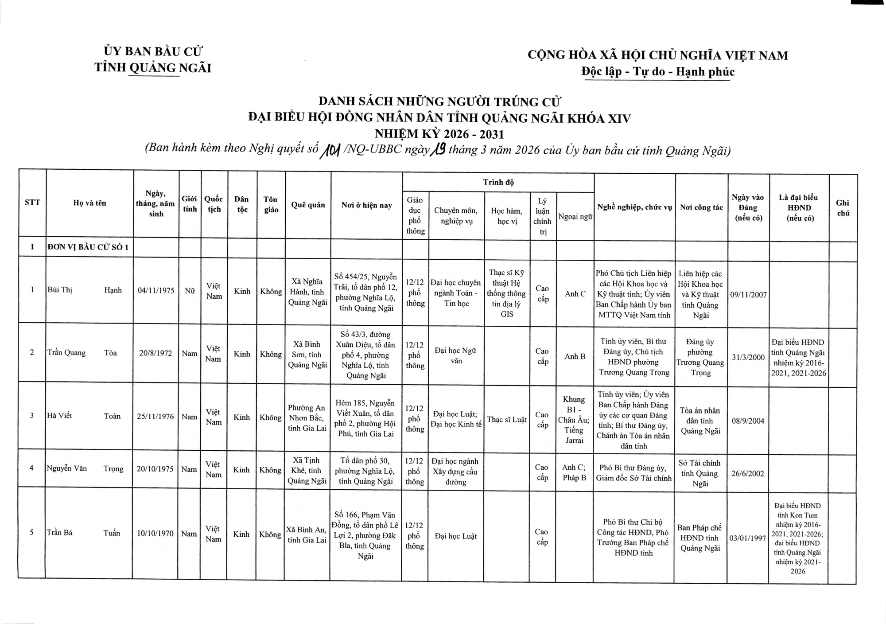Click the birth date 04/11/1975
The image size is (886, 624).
pos(156,291)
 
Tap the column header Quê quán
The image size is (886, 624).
pos(308,205)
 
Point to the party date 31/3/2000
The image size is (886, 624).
pos(748,357)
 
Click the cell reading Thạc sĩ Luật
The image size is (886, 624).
pos(507,419)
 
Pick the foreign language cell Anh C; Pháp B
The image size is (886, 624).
pos(574,472)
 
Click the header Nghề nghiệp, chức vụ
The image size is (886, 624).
pos(634,207)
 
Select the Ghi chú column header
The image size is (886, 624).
pos(843,208)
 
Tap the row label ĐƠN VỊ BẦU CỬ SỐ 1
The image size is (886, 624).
pos(88,247)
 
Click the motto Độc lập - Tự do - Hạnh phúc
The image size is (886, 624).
pos(658,71)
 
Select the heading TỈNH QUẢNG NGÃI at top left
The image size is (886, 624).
pos(153,67)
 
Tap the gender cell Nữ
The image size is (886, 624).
pos(190,291)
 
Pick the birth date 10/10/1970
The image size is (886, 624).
pos(155,533)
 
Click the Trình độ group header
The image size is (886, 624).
pos(498,182)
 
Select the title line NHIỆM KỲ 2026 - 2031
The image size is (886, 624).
pos(439,134)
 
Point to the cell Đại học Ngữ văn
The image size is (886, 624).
pos(456,355)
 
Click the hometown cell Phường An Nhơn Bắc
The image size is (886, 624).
pos(307,418)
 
